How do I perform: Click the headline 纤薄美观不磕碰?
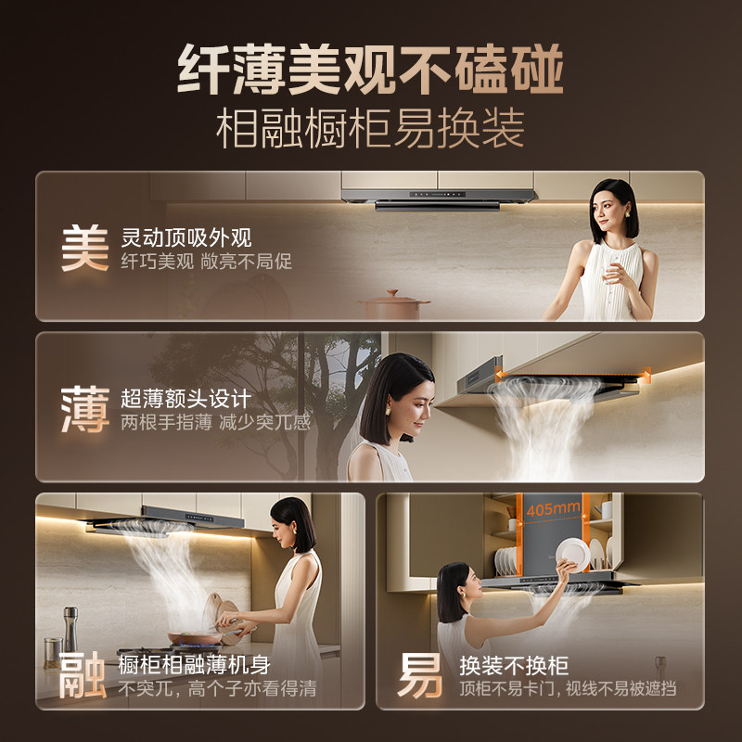(x=370, y=72)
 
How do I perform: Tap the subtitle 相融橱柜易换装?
(x=370, y=129)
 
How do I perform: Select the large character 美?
(x=84, y=248)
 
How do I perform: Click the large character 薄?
(x=84, y=410)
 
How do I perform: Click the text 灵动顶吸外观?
(x=186, y=237)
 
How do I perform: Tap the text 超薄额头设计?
(x=185, y=400)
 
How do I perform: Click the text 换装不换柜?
(x=514, y=665)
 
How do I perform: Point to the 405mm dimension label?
(x=553, y=509)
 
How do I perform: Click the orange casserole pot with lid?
(x=394, y=305)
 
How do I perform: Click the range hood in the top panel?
(x=439, y=198)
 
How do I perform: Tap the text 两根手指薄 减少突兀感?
(x=215, y=423)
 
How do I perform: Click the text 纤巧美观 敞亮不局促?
(x=206, y=262)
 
